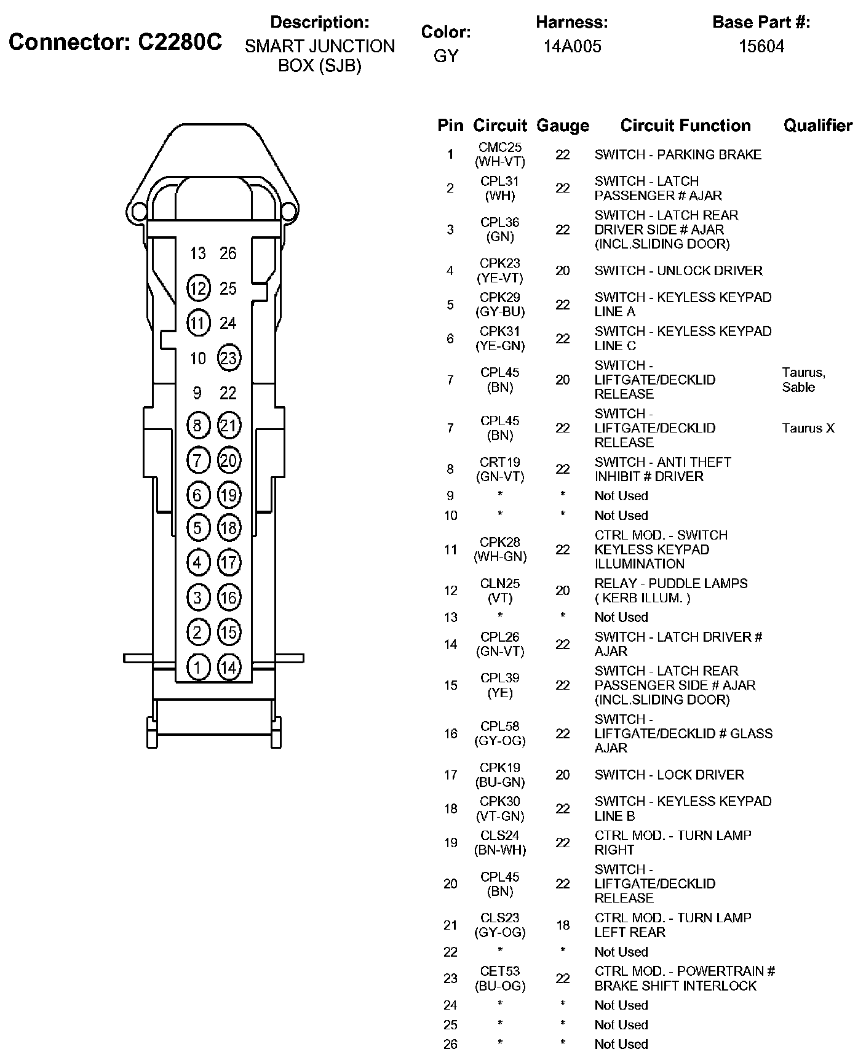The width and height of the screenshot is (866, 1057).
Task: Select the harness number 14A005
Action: [x=572, y=46]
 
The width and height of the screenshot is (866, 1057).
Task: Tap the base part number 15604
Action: [x=761, y=46]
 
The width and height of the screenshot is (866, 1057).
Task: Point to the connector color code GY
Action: [x=446, y=56]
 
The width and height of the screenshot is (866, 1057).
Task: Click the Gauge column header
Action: [x=563, y=126]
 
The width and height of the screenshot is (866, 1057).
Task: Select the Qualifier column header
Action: [x=817, y=126]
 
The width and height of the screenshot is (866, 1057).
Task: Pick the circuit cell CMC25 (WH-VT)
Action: [x=500, y=154]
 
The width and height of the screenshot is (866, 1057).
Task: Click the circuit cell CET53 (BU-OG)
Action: [x=500, y=978]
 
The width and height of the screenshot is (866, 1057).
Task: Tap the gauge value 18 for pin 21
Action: [x=563, y=925]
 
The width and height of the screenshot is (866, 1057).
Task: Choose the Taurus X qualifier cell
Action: [x=808, y=428]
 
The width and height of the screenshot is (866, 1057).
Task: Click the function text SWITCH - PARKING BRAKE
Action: [x=678, y=154]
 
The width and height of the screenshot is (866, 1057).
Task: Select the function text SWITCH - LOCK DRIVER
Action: [x=669, y=775]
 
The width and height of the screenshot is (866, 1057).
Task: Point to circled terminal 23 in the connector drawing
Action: [x=228, y=358]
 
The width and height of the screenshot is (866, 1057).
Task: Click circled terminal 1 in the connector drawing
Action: [x=198, y=668]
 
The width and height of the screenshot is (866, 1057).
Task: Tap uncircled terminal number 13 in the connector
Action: [x=198, y=253]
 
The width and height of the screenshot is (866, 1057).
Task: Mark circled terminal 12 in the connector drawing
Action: [x=198, y=289]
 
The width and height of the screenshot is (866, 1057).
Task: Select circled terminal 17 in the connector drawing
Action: [x=228, y=562]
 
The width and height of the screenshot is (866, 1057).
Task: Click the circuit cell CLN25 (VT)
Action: [x=500, y=591]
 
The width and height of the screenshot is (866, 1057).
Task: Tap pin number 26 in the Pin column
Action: [x=451, y=1044]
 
